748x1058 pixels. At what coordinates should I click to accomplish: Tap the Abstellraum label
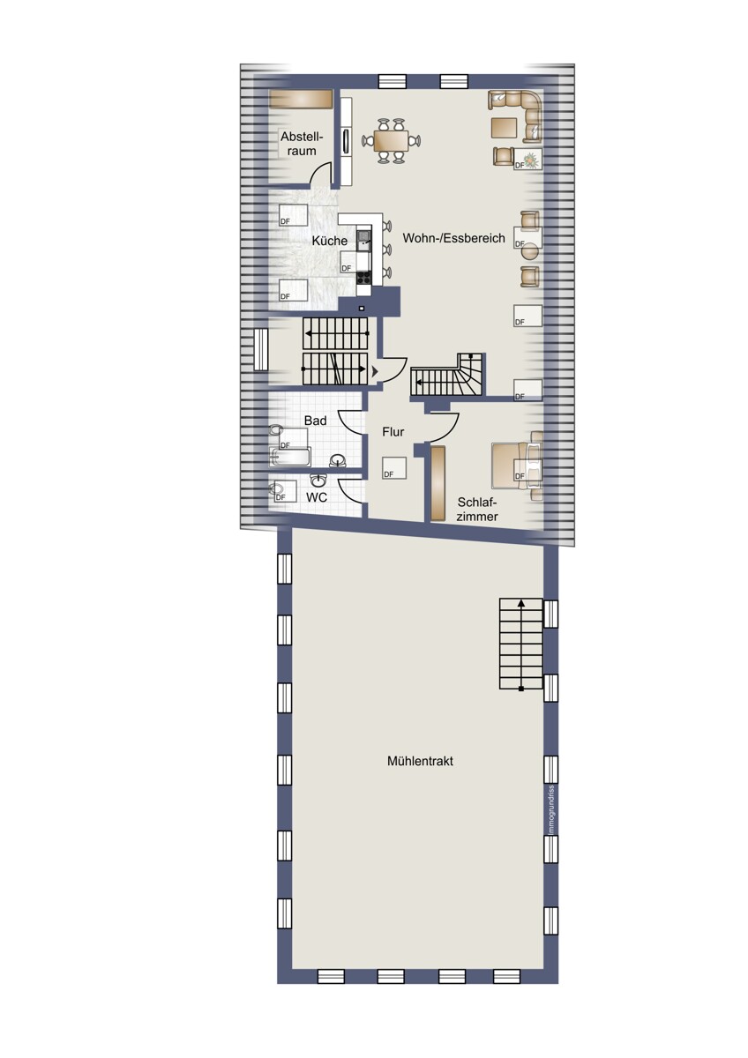point(302,144)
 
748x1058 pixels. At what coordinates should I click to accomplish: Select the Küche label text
point(329,241)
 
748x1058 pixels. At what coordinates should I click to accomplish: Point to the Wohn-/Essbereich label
point(453,238)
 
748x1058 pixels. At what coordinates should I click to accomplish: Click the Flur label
point(393,432)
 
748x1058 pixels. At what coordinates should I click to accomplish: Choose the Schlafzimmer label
point(477,510)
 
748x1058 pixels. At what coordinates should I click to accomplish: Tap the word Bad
point(315,421)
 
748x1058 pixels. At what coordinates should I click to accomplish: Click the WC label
point(316,497)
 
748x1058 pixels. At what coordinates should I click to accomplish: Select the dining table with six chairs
point(392,140)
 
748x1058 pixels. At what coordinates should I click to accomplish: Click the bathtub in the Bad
point(289,457)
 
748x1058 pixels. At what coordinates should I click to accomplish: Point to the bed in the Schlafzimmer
point(517,466)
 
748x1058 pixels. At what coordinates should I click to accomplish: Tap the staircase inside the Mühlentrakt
point(520,644)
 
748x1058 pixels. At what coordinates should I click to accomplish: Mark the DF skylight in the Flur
point(394,468)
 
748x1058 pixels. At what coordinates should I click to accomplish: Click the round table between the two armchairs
point(530,250)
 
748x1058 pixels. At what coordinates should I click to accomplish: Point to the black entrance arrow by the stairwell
point(375,372)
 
